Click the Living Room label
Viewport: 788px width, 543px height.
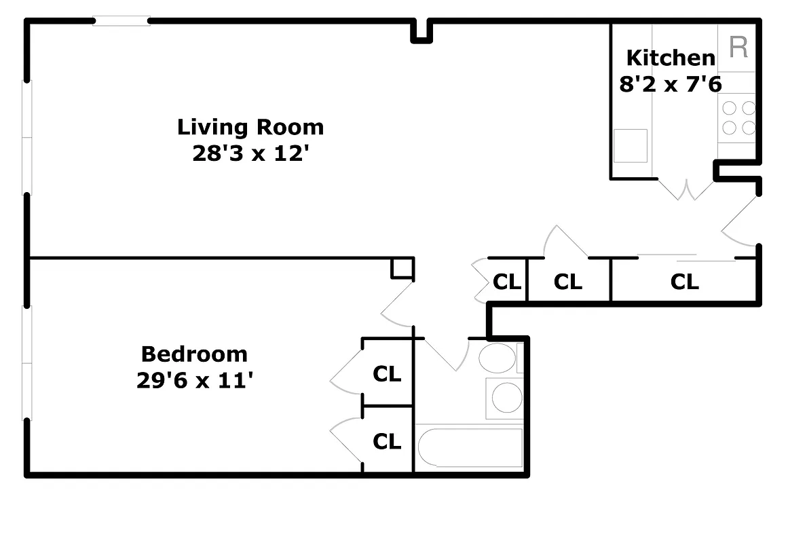[x=250, y=127]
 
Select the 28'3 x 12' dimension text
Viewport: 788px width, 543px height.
[x=250, y=153]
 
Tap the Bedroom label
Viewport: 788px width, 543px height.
[x=194, y=354]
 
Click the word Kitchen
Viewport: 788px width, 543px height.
[x=670, y=58]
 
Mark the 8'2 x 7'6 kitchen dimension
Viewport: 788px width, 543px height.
[x=670, y=84]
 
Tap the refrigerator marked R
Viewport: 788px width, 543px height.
[x=738, y=48]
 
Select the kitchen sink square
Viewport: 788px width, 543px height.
[x=630, y=146]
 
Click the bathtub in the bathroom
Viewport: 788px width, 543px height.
[x=469, y=447]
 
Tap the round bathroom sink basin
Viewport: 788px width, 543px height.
[x=506, y=398]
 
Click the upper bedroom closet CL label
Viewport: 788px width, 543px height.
[x=387, y=373]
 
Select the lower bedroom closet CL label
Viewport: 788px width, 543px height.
[x=387, y=441]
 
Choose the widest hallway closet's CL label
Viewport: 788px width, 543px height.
[x=684, y=282]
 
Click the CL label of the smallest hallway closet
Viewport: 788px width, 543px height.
[x=506, y=282]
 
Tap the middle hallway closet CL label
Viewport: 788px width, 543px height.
[x=568, y=282]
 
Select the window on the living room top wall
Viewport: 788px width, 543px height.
[x=121, y=22]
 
